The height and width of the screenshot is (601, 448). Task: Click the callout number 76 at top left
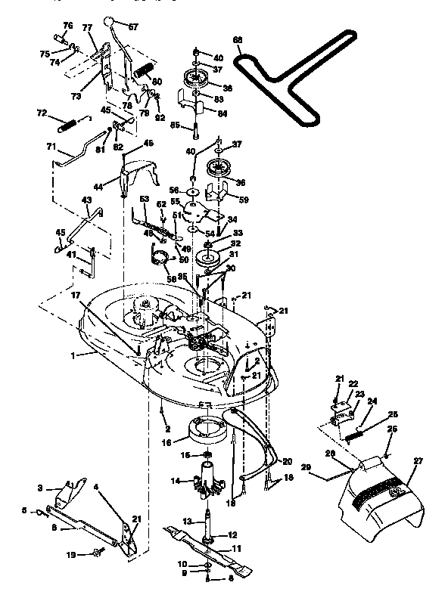68,26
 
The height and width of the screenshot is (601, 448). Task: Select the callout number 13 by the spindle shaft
186,522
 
